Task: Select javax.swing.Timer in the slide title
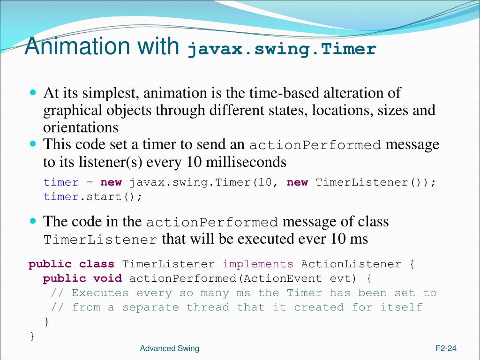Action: tap(282, 49)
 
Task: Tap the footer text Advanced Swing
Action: tap(170, 348)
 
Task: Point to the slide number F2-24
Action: tap(446, 348)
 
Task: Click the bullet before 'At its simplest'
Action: tap(33, 92)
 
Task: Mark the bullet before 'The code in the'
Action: tap(33, 220)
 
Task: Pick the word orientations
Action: tap(81, 127)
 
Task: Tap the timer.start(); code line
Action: tap(93, 196)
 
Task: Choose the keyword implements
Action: tap(258, 264)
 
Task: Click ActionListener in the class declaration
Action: tap(351, 264)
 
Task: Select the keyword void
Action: tap(107, 279)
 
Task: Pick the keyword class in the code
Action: tap(97, 264)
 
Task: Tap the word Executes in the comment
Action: tap(100, 293)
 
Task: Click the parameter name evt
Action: tap(344, 279)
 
